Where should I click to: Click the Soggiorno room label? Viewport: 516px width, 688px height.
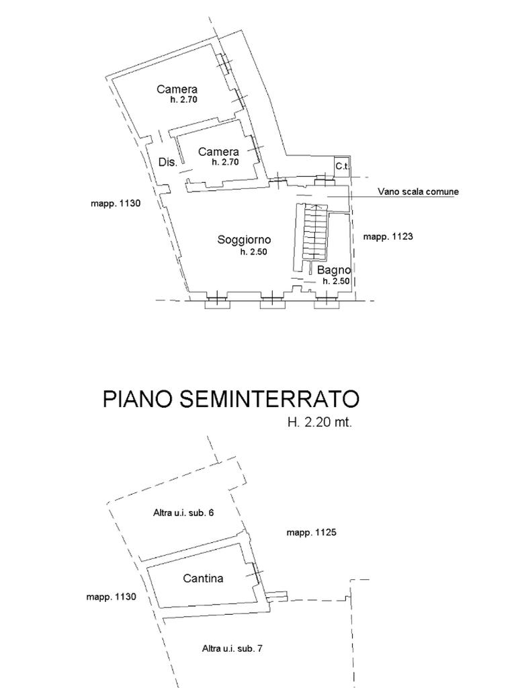(244, 240)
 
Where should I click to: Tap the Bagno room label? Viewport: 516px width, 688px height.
(334, 270)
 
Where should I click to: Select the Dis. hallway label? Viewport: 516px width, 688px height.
(167, 162)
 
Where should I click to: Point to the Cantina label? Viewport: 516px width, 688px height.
(203, 578)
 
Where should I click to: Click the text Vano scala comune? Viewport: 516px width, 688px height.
(418, 191)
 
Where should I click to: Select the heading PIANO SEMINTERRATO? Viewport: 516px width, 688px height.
(231, 399)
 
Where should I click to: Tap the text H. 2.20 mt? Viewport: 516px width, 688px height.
(319, 423)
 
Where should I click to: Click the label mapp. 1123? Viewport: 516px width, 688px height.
(388, 236)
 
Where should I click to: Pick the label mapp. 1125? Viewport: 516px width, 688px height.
(311, 533)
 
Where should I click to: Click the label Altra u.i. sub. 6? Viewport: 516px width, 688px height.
(183, 513)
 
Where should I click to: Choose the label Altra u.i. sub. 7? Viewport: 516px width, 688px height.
(232, 649)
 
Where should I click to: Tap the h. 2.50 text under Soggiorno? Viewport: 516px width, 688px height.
(253, 252)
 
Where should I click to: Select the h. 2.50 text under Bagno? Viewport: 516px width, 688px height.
(336, 282)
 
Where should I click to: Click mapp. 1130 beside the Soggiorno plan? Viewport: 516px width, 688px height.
(116, 204)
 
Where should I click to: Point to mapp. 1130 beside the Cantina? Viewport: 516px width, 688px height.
(112, 597)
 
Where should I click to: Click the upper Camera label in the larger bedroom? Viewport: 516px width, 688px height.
(177, 89)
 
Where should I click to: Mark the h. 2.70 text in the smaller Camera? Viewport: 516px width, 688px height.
(225, 162)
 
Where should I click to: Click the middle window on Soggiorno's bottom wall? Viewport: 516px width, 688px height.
(270, 302)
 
